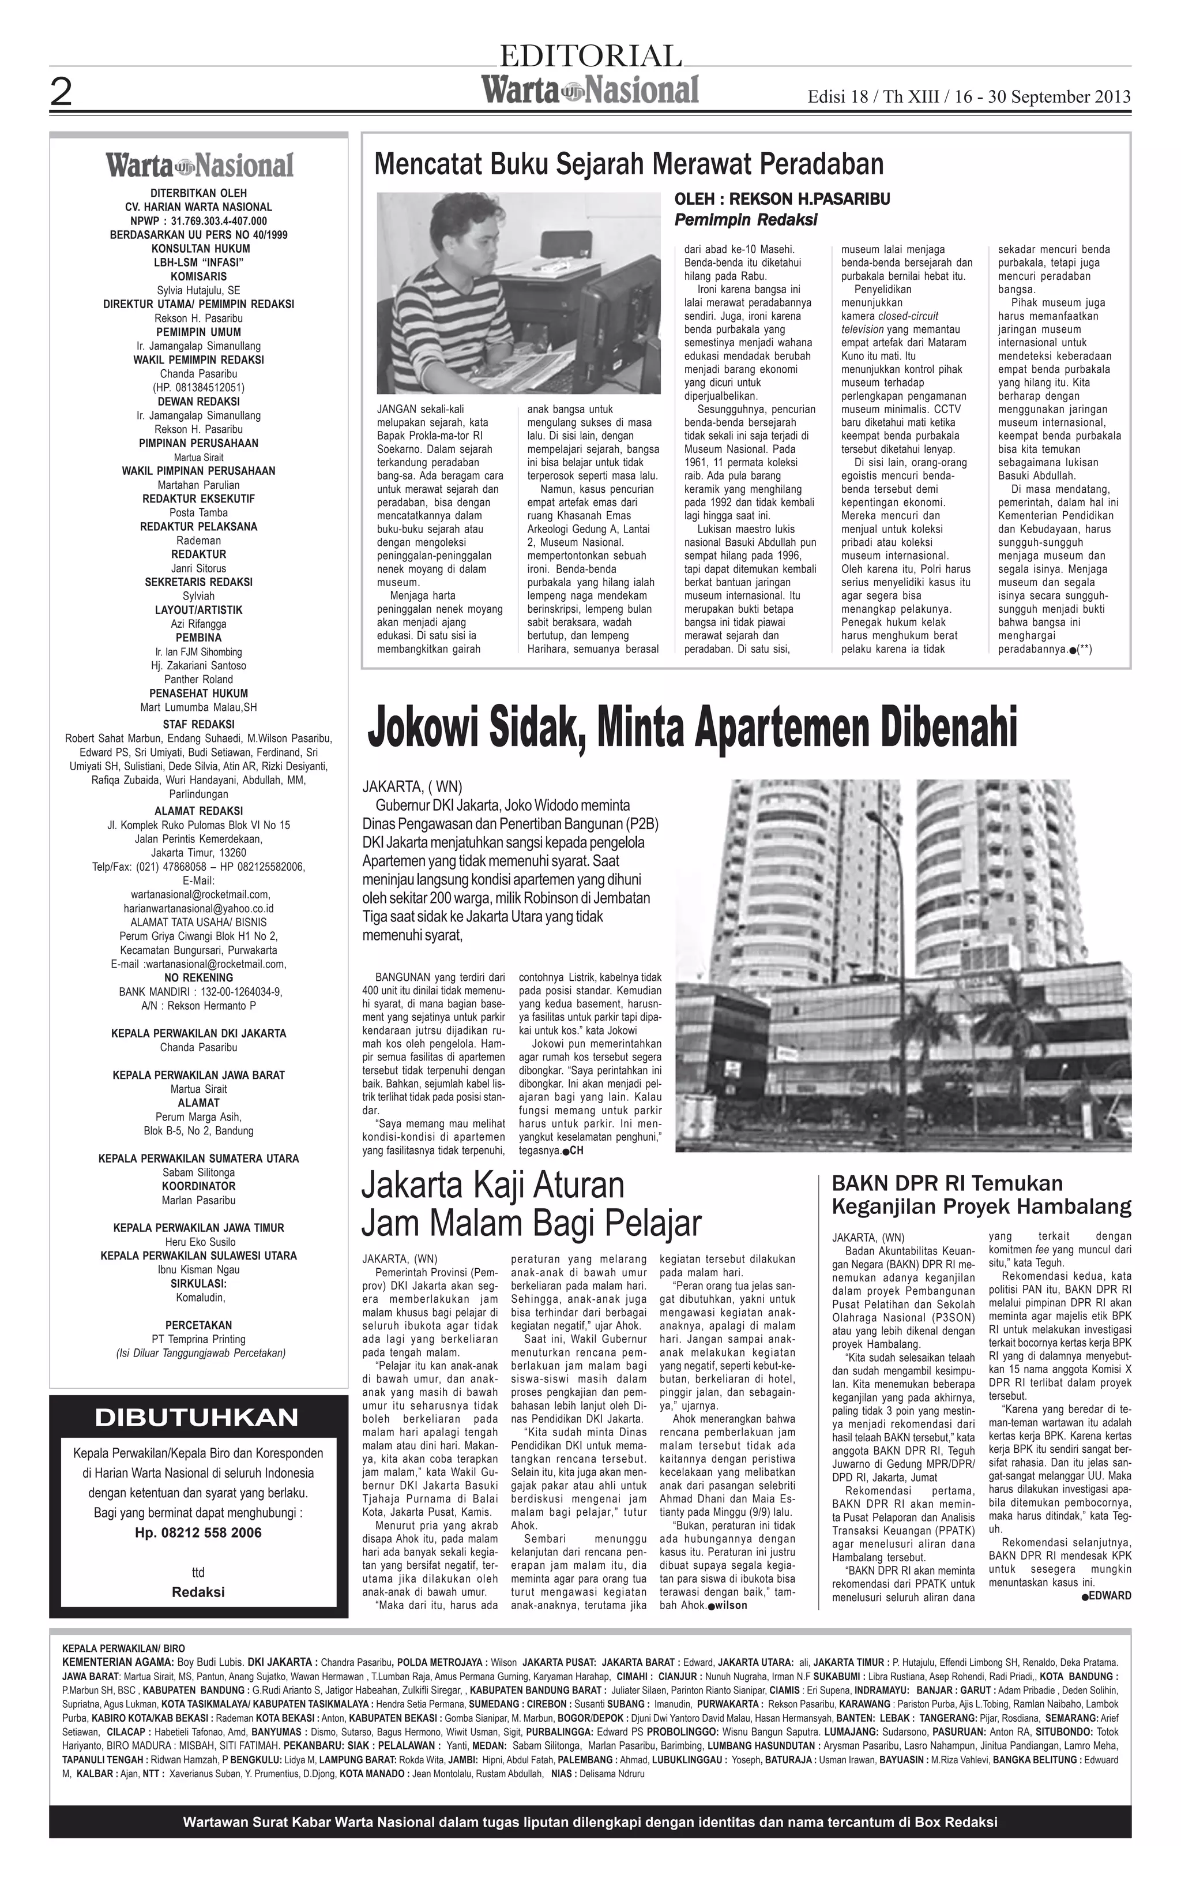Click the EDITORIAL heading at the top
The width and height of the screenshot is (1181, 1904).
click(x=590, y=56)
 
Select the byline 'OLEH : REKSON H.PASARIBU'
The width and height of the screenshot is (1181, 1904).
click(x=782, y=199)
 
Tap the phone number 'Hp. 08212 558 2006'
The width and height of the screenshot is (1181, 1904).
click(x=198, y=1532)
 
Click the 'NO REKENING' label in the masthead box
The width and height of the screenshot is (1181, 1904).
click(x=198, y=977)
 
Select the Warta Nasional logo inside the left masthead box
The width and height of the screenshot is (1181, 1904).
click(x=200, y=165)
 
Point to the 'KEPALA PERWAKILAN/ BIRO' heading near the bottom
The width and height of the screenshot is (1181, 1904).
click(x=123, y=1648)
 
